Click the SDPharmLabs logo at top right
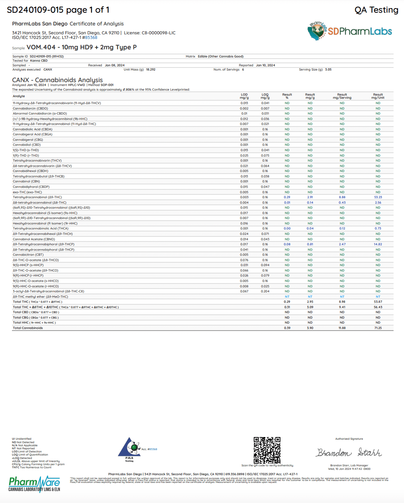(350, 31)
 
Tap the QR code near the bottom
(267, 450)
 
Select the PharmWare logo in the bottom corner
(34, 484)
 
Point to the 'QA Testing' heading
(376, 10)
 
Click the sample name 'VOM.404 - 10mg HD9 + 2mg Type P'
(81, 47)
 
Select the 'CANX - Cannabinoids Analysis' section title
(58, 80)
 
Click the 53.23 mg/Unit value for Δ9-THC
(378, 197)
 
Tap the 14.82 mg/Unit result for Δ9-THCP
(378, 244)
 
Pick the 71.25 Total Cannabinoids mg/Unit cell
(378, 328)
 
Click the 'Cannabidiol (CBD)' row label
(27, 145)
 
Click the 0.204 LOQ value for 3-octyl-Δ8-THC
(265, 291)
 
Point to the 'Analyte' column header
(19, 96)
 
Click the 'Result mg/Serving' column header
(342, 96)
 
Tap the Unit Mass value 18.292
(151, 70)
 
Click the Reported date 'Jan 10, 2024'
(265, 65)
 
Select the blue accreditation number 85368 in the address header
(91, 37)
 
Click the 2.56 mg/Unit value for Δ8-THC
(378, 203)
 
